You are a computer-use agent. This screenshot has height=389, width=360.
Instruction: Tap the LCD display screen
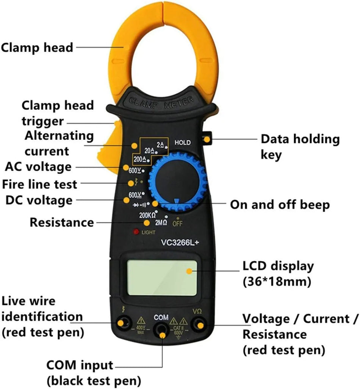[162, 278]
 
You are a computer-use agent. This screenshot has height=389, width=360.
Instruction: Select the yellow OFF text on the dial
[177, 223]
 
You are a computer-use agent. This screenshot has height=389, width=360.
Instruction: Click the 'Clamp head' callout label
[37, 48]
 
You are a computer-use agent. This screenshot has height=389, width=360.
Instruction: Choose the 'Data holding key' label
[300, 147]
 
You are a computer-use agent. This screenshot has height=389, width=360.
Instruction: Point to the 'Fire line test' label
[40, 184]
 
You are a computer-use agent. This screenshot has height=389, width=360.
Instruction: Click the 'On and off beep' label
[280, 205]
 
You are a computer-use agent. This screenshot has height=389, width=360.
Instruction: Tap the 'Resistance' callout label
[61, 222]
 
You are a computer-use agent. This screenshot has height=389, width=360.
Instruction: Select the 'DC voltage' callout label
[39, 200]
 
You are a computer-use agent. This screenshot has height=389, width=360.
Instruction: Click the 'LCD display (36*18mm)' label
[278, 274]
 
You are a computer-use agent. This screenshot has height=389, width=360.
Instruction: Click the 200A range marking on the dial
[139, 158]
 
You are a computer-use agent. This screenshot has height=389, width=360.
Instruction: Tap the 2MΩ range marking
[161, 223]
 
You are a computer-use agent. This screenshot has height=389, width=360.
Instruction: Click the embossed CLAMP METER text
[161, 102]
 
